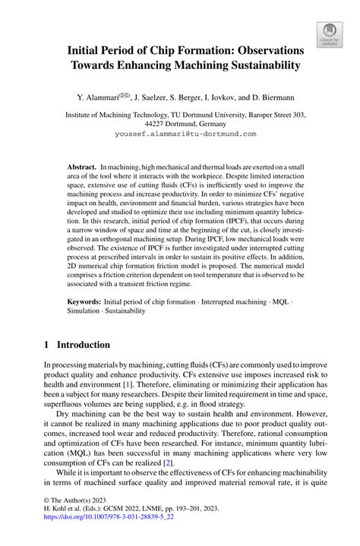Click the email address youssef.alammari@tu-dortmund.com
[x=180, y=134]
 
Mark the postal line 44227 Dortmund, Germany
[x=180, y=124]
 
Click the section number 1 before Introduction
[x=47, y=344]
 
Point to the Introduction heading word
[x=88, y=344]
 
